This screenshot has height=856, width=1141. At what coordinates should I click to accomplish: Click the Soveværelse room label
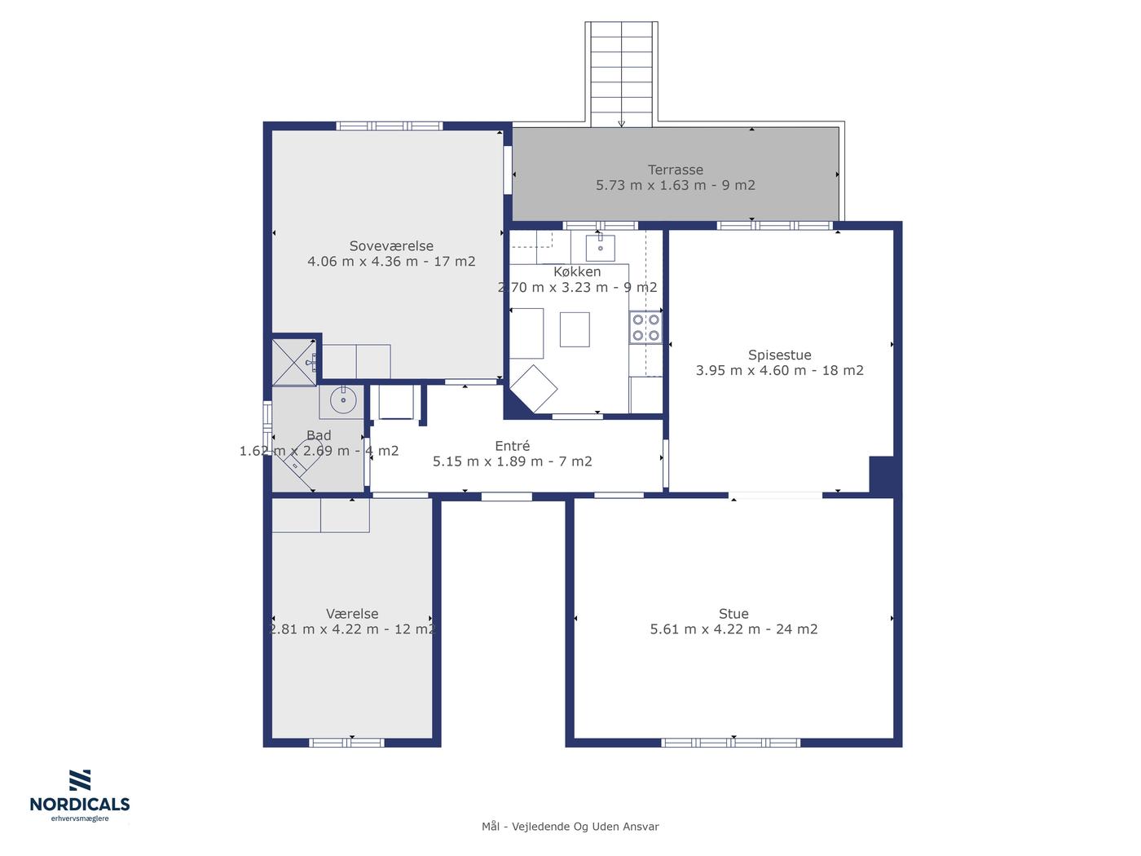(391, 246)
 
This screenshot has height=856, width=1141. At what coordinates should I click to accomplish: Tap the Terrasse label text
(676, 170)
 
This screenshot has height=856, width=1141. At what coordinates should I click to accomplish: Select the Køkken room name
(577, 271)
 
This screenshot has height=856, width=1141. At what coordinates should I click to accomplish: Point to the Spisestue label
(779, 355)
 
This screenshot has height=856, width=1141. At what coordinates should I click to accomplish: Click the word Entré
(512, 446)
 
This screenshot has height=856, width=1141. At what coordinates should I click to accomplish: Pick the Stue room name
(733, 614)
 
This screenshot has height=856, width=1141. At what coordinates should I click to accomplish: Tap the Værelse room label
(352, 614)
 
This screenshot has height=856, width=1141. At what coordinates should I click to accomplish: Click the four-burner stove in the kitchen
(645, 328)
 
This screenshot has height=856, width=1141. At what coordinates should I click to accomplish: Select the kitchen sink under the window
(601, 248)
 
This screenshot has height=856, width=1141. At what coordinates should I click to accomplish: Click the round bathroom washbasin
(343, 399)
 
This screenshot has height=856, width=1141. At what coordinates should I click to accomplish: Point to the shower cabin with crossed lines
(293, 363)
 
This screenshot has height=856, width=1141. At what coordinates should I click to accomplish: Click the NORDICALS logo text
(80, 805)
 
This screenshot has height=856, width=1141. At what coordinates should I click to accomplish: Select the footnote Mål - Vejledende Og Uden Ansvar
(570, 827)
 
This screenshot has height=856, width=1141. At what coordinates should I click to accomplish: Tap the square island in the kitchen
(575, 329)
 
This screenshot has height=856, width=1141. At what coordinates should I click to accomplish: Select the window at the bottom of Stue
(730, 743)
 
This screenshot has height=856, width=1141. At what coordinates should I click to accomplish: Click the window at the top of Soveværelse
(390, 126)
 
